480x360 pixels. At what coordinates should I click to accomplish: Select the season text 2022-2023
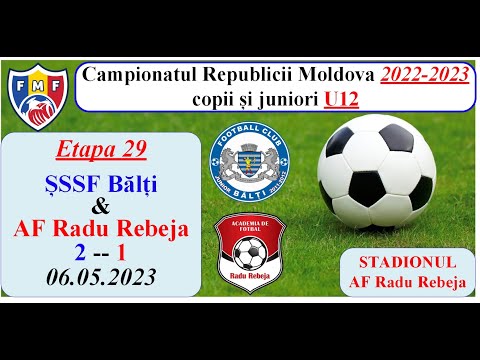(x=424, y=75)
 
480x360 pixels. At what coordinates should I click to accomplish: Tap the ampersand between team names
(x=99, y=206)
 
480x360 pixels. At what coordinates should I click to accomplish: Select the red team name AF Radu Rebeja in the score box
(x=101, y=230)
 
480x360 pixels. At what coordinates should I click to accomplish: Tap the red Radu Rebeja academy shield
(x=246, y=256)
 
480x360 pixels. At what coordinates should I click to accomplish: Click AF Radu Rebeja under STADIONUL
(x=407, y=282)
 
